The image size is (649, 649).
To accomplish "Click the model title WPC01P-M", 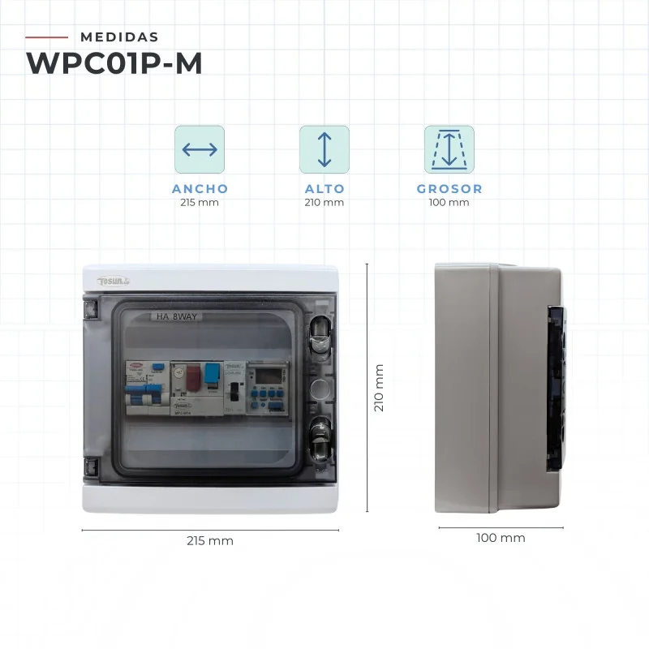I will pyautogui.click(x=114, y=62).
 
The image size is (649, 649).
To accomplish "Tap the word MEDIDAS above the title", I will pyautogui.click(x=120, y=37).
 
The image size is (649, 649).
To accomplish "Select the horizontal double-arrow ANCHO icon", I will pyautogui.click(x=200, y=149).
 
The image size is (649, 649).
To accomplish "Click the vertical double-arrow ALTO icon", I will pyautogui.click(x=324, y=149).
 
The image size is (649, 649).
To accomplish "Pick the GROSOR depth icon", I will pyautogui.click(x=449, y=149).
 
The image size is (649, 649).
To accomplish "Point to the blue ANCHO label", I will pyautogui.click(x=200, y=188).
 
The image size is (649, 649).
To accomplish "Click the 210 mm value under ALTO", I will pyautogui.click(x=324, y=202).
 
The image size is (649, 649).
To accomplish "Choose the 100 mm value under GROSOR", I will pyautogui.click(x=449, y=202).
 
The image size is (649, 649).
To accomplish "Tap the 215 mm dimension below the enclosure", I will pyautogui.click(x=210, y=540).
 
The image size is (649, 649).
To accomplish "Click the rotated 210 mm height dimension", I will pyautogui.click(x=379, y=387).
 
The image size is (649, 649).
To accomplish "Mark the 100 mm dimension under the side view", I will pyautogui.click(x=501, y=538).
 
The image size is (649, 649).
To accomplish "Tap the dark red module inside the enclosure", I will pyautogui.click(x=194, y=377).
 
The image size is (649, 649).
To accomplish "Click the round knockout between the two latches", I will pyautogui.click(x=320, y=385).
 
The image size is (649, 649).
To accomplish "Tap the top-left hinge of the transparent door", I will pyautogui.click(x=89, y=308).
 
